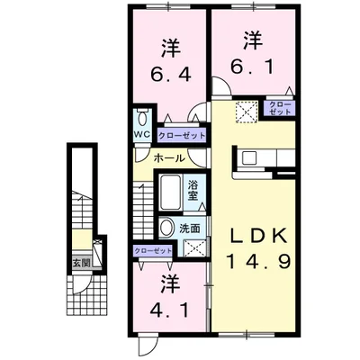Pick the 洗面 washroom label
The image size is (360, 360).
coord(190,228)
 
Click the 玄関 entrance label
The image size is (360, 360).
coord(82,263)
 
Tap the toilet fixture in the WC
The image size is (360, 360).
coord(142,119)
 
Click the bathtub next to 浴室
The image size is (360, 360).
coord(171,191)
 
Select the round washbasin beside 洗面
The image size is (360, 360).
coord(167,228)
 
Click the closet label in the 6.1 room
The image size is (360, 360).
coord(279,109)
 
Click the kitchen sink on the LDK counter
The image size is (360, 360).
coord(250,159)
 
